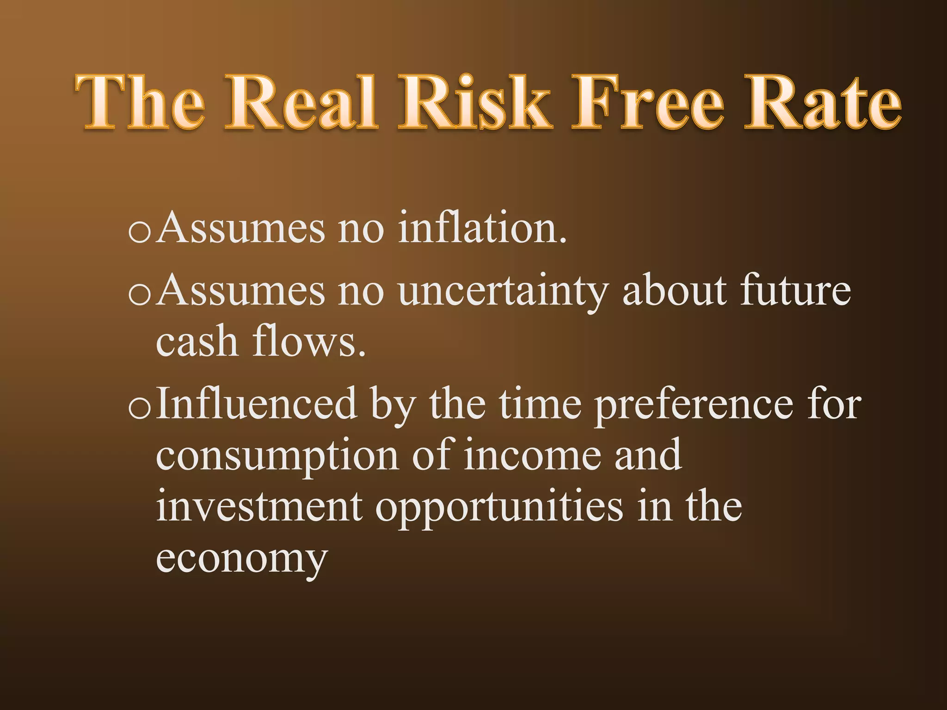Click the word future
[x=795, y=291]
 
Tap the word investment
[x=259, y=506]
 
